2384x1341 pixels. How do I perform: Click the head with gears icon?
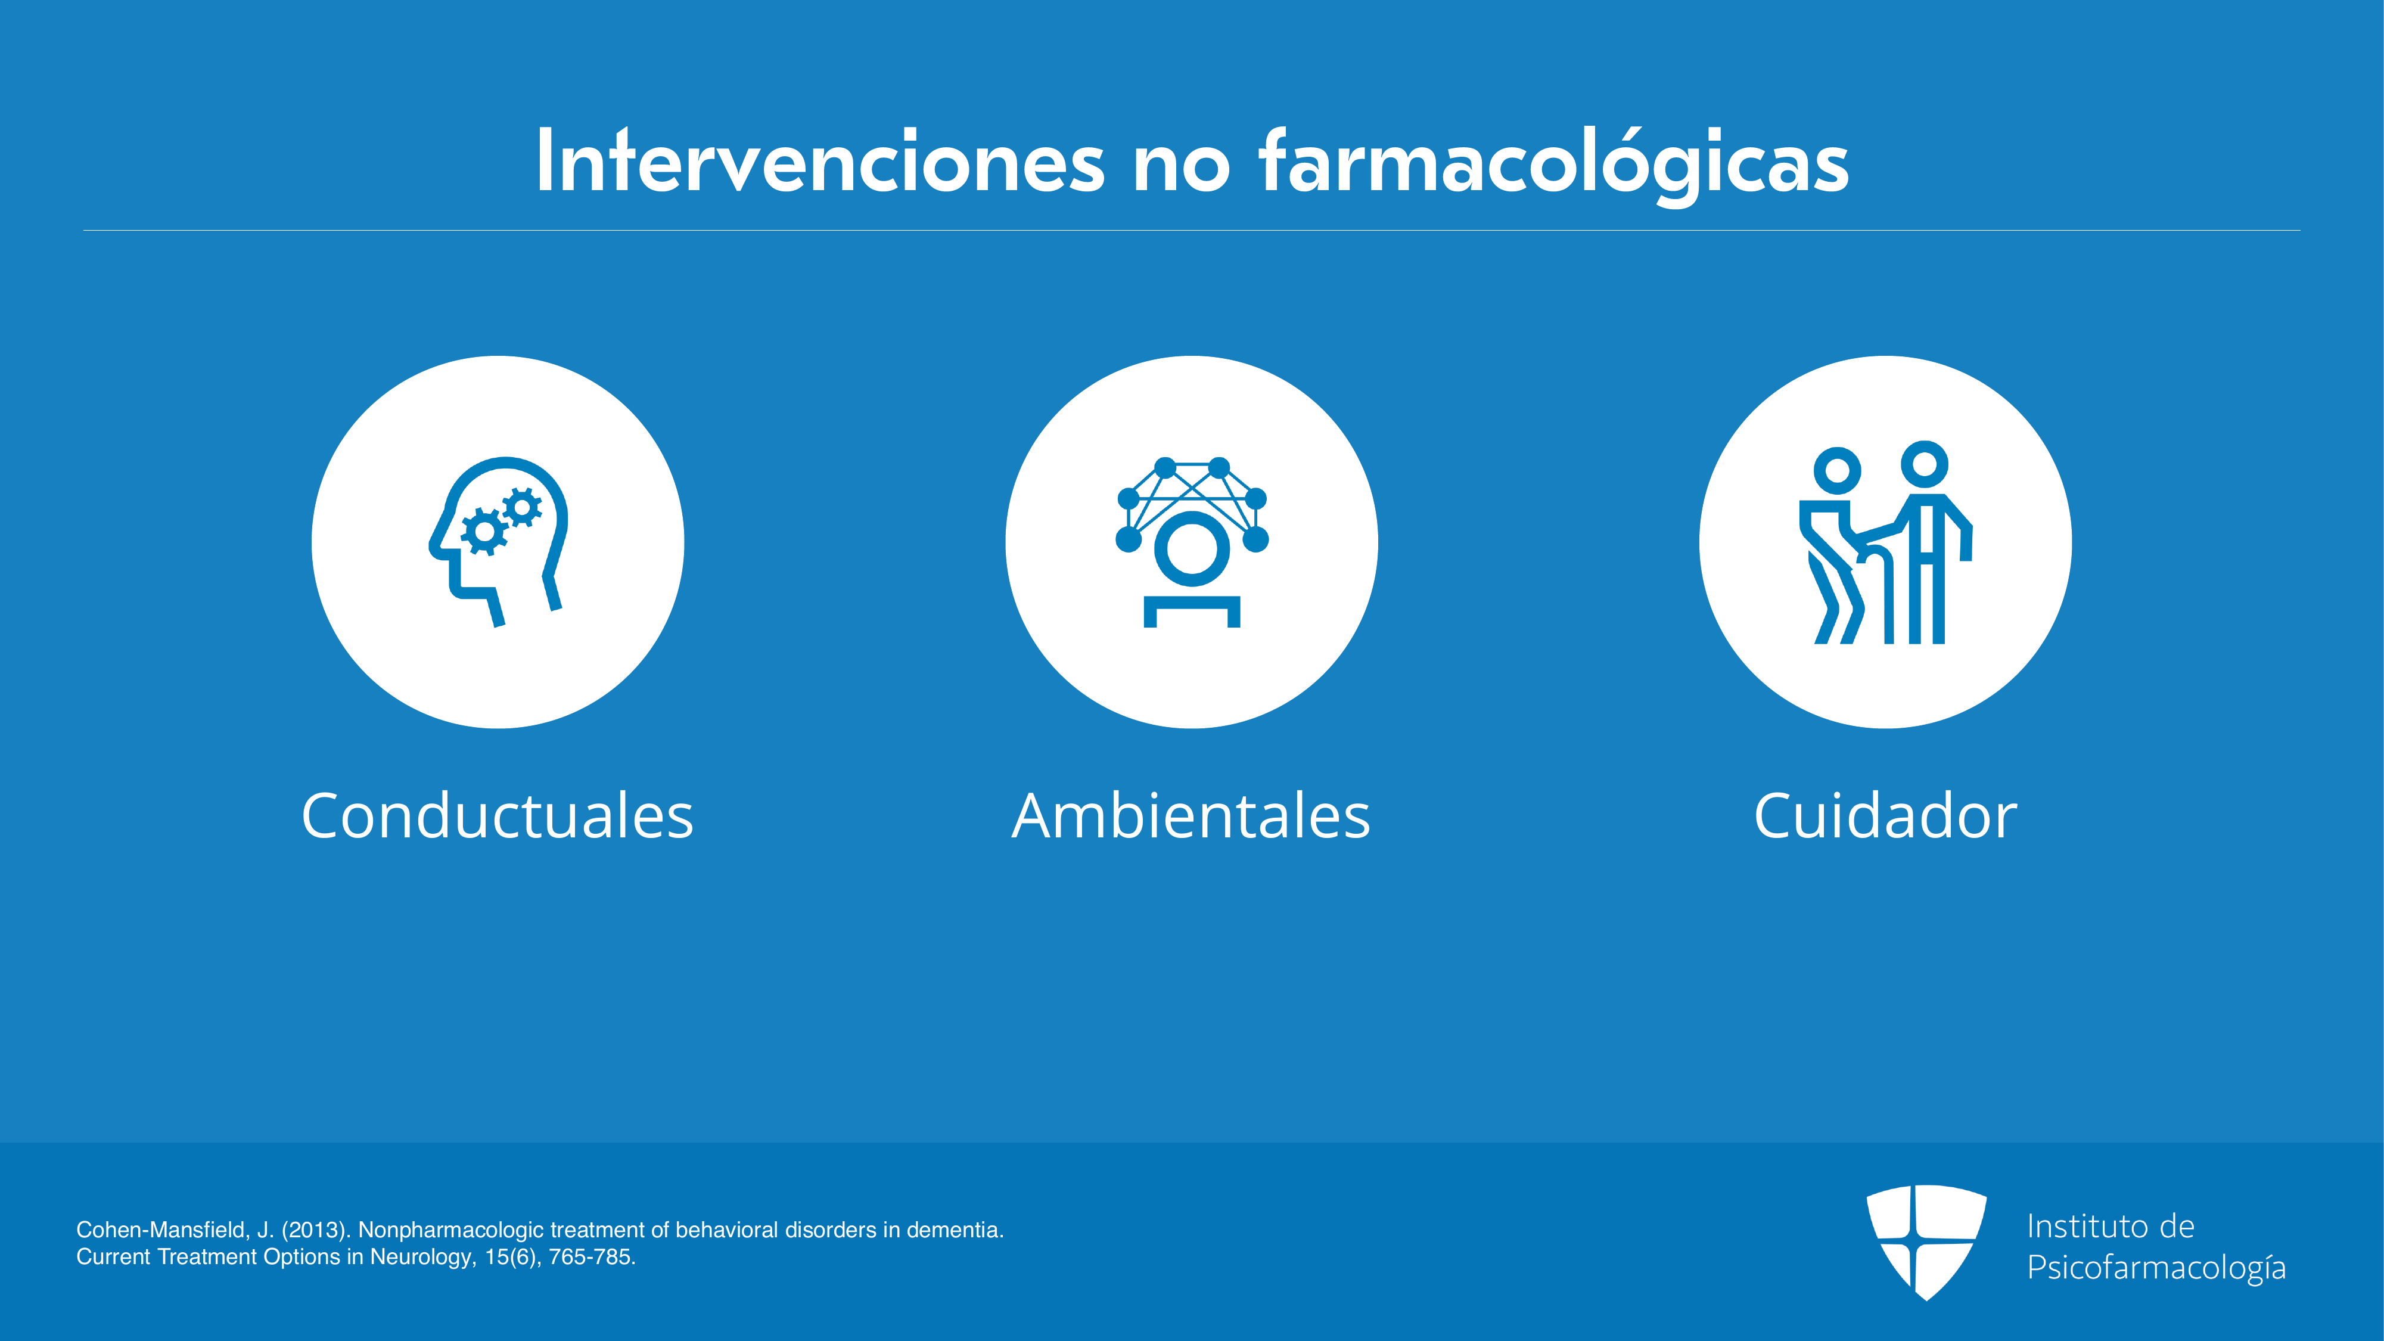[498, 541]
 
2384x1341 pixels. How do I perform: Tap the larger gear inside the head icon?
[484, 532]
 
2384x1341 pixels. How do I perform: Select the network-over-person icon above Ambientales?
[1192, 541]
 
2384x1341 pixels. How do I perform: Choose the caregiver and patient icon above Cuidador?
[1885, 541]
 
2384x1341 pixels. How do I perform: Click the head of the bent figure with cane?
[1837, 471]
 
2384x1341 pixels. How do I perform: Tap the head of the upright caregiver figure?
[1925, 464]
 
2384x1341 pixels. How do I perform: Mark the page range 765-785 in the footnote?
[589, 1257]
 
